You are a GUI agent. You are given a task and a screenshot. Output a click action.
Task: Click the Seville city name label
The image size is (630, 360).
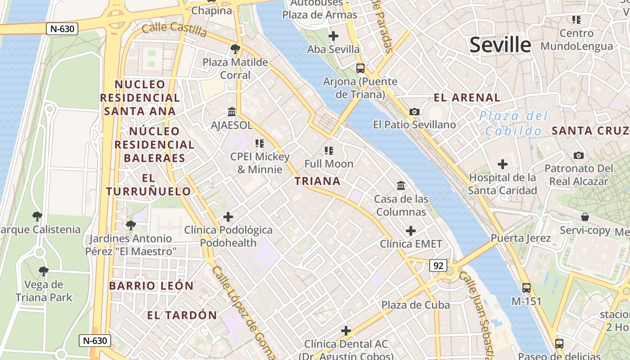click(500, 45)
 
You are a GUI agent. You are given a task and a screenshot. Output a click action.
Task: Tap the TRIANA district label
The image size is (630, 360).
click(317, 181)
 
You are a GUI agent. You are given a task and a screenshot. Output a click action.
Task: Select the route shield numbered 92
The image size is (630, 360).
click(438, 265)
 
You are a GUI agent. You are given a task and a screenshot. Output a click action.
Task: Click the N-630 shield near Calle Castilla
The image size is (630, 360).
click(62, 29)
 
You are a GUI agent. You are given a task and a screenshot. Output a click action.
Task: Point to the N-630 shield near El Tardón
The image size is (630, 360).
click(94, 341)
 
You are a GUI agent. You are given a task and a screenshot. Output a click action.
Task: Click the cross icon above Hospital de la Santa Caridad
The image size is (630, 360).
click(503, 165)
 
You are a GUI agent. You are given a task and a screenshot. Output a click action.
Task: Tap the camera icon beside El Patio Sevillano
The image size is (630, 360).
click(414, 112)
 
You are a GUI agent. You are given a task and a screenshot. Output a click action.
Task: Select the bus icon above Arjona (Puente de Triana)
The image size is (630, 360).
click(360, 68)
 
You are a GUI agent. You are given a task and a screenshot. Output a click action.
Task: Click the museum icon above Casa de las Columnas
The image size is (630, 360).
click(401, 185)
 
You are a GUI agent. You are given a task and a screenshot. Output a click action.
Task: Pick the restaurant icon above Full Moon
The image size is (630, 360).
click(329, 150)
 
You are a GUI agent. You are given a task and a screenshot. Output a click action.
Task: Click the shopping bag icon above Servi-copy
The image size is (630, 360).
click(585, 217)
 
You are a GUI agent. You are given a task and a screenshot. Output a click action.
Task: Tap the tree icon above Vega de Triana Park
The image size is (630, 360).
click(44, 271)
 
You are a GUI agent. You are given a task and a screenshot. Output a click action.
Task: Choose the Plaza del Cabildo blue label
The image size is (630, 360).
click(513, 123)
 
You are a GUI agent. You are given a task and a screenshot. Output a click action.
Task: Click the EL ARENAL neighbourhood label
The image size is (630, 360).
click(467, 98)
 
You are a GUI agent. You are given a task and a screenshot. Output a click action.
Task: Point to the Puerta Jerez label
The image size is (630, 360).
click(521, 238)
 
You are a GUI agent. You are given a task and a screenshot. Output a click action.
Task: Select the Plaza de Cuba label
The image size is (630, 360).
click(415, 305)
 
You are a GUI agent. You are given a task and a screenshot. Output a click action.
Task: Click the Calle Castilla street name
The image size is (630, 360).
click(174, 30)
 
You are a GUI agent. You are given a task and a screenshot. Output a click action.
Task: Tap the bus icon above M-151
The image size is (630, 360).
click(526, 288)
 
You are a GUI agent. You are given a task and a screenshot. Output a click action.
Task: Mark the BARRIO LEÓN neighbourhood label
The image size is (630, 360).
click(151, 286)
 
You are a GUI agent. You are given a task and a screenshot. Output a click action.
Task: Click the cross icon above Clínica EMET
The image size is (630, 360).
click(411, 231)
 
